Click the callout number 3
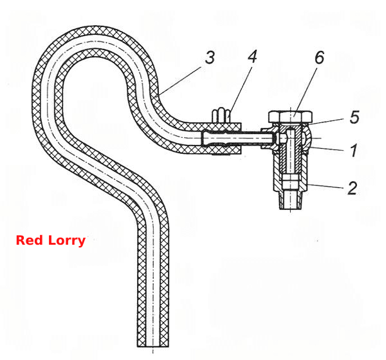[x=210, y=58]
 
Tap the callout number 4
[x=252, y=57]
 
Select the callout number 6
[x=319, y=57]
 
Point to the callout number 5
[x=354, y=117]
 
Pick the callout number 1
[x=354, y=150]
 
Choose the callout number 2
[x=353, y=188]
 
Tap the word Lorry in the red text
[x=67, y=241]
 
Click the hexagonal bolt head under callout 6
[x=291, y=117]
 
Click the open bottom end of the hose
[x=153, y=346]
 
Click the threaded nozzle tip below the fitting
[x=291, y=200]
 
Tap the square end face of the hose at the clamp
[x=241, y=138]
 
